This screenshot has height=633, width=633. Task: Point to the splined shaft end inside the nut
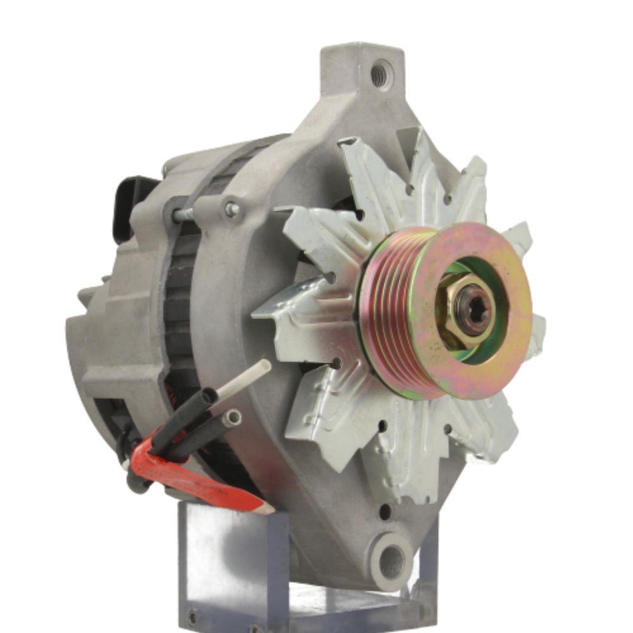[473, 310]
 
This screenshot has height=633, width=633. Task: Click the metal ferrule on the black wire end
[232, 416]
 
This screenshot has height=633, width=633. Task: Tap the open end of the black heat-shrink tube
[210, 396]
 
